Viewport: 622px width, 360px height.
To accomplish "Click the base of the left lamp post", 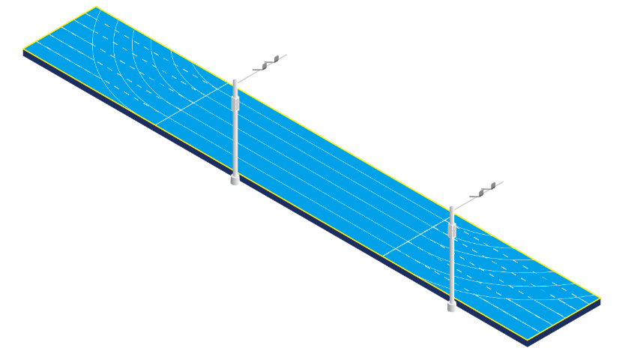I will (235, 179).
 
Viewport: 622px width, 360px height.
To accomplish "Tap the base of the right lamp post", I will (452, 306).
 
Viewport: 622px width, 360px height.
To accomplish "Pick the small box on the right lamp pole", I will (453, 229).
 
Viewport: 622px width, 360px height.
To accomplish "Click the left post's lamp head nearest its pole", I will (258, 67).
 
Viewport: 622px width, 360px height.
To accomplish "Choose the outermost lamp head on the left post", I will (271, 58).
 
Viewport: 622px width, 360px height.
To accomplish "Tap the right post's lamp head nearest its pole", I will (475, 193).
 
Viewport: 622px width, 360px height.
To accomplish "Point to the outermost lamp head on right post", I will (487, 184).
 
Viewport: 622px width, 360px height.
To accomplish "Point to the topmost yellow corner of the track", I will (96, 7).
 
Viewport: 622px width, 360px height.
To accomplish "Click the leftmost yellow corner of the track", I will (22, 49).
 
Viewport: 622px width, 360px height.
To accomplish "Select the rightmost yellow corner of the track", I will (601, 298).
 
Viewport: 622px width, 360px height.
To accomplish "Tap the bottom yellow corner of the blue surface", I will (528, 340).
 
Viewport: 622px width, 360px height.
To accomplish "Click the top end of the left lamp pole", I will (235, 79).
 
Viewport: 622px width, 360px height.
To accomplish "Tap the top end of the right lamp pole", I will (452, 208).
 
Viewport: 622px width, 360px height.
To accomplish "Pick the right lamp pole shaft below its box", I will (452, 270).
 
